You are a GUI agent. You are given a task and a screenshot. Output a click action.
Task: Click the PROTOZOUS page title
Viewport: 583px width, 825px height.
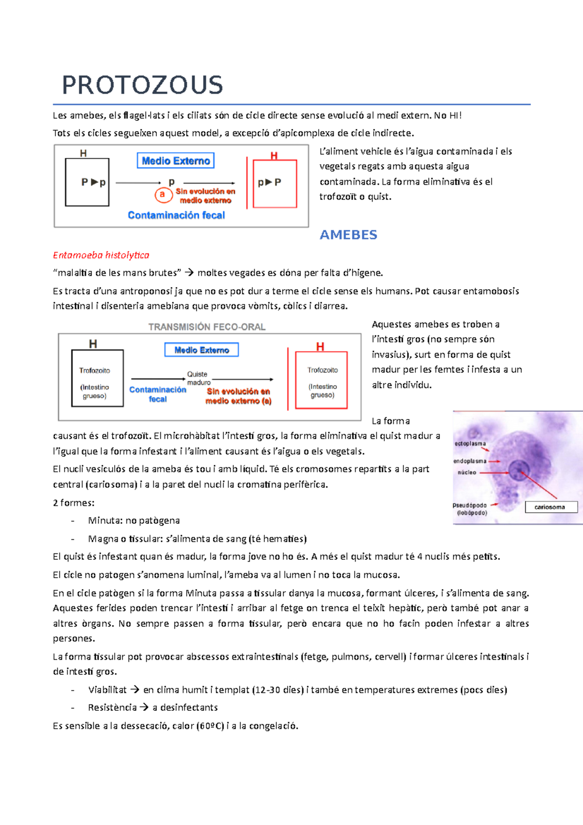pyautogui.click(x=142, y=85)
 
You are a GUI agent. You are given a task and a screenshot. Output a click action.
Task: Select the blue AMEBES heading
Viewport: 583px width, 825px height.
pyautogui.click(x=348, y=235)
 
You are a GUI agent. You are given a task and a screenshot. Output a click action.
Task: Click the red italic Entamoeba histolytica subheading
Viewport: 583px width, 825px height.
pyautogui.click(x=101, y=255)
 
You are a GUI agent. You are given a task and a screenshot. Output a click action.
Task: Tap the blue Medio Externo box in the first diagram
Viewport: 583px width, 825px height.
pyautogui.click(x=176, y=161)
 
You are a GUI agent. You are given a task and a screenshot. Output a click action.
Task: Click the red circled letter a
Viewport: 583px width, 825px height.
pyautogui.click(x=162, y=194)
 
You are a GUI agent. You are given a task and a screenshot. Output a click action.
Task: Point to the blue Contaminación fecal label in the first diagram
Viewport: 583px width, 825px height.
pyautogui.click(x=176, y=215)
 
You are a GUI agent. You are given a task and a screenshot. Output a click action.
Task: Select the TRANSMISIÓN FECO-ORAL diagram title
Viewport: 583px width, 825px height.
pyautogui.click(x=207, y=327)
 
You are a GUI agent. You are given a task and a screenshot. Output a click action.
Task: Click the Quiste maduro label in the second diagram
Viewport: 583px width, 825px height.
pyautogui.click(x=198, y=378)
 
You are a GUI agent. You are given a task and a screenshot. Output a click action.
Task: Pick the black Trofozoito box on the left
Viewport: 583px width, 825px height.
pyautogui.click(x=97, y=378)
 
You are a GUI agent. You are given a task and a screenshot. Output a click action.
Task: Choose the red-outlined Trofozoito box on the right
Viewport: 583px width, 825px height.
pyautogui.click(x=322, y=380)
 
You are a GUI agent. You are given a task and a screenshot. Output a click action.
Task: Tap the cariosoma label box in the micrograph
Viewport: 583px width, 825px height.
pyautogui.click(x=551, y=507)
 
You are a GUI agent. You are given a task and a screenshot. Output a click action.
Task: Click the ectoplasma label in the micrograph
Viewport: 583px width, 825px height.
pyautogui.click(x=470, y=444)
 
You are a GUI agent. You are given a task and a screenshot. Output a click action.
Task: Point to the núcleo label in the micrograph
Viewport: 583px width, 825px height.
pyautogui.click(x=467, y=472)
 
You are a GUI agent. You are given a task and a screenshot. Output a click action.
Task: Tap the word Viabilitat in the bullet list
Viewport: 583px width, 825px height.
pyautogui.click(x=107, y=690)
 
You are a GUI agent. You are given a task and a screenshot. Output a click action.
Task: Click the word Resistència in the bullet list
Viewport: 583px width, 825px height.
pyautogui.click(x=112, y=708)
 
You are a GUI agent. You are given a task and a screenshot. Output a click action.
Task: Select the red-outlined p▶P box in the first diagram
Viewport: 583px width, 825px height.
pyautogui.click(x=274, y=183)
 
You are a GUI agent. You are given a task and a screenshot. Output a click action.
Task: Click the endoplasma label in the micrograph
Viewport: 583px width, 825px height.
pyautogui.click(x=470, y=461)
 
